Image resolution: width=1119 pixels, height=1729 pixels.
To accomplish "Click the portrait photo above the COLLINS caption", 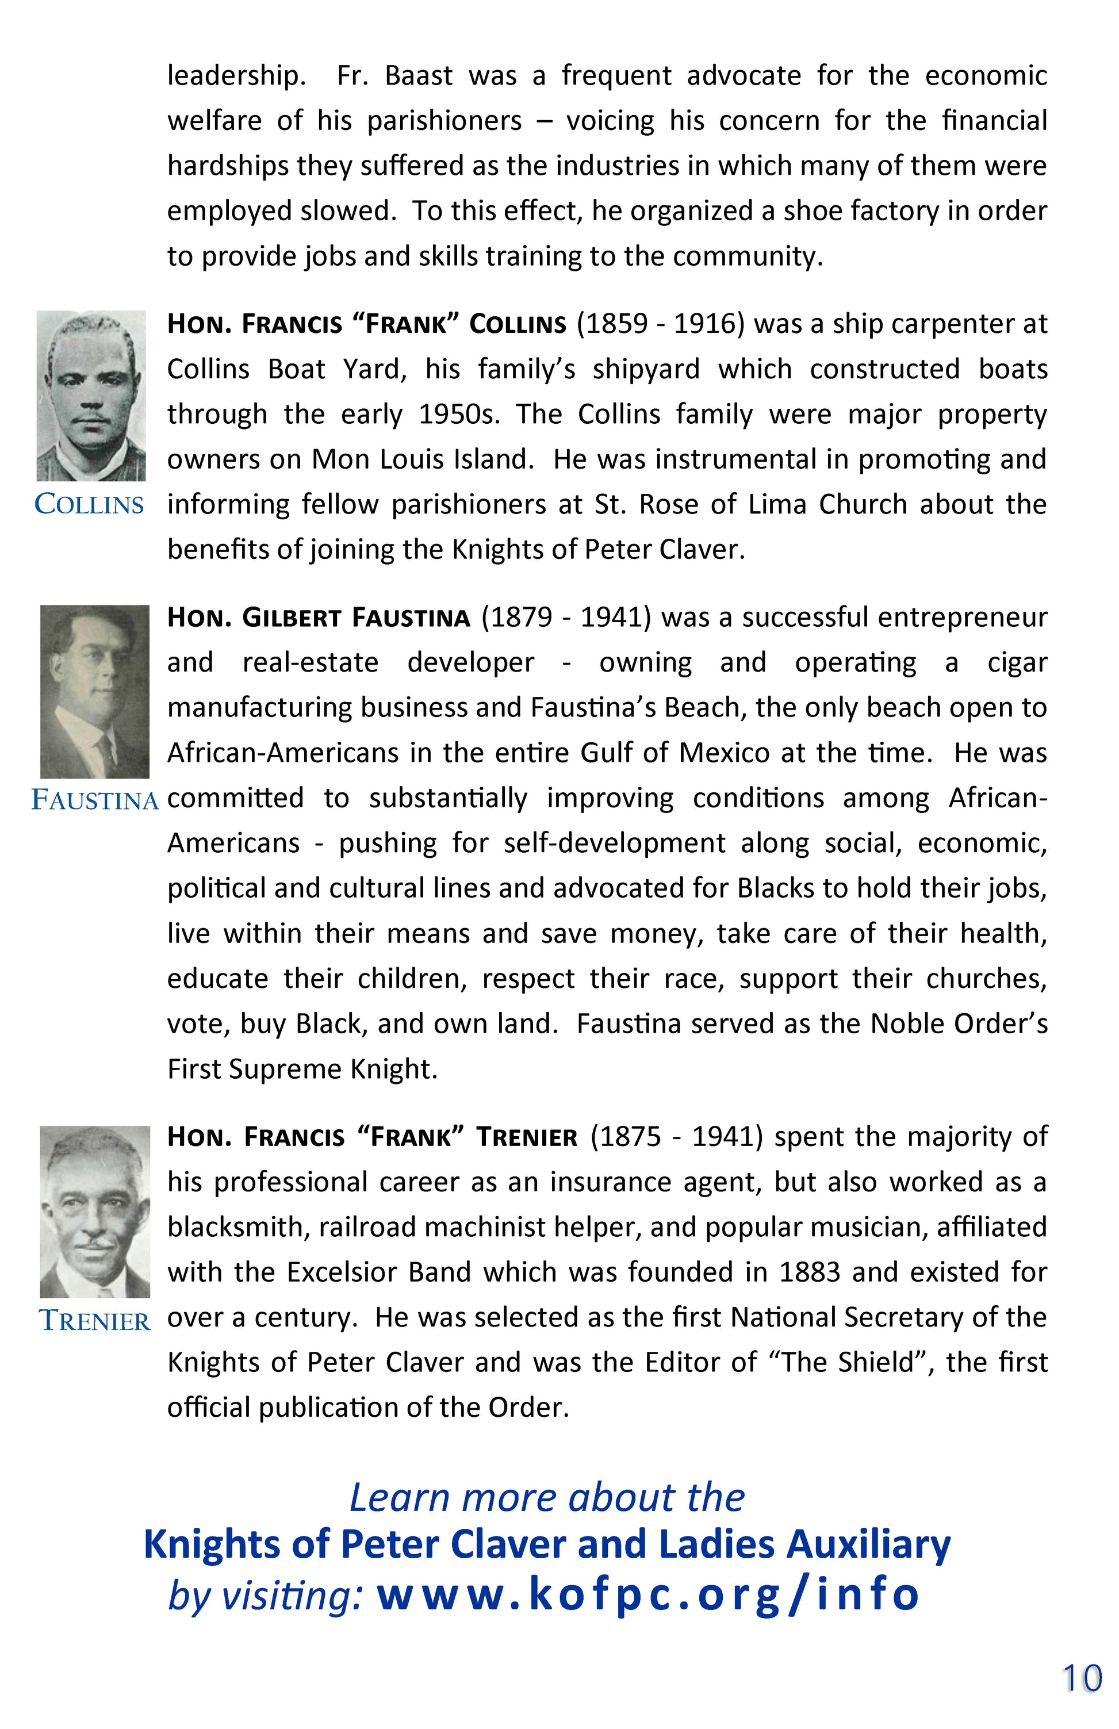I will [x=91, y=396].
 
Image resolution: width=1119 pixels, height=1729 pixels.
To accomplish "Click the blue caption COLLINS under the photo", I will [x=89, y=504].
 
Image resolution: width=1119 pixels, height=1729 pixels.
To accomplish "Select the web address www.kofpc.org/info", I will [x=648, y=1594].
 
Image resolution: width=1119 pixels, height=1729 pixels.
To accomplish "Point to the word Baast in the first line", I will [x=419, y=75].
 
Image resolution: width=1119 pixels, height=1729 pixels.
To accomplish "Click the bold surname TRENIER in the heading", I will [x=526, y=1137].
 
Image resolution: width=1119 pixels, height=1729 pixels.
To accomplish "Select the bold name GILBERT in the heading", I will [x=292, y=618].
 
